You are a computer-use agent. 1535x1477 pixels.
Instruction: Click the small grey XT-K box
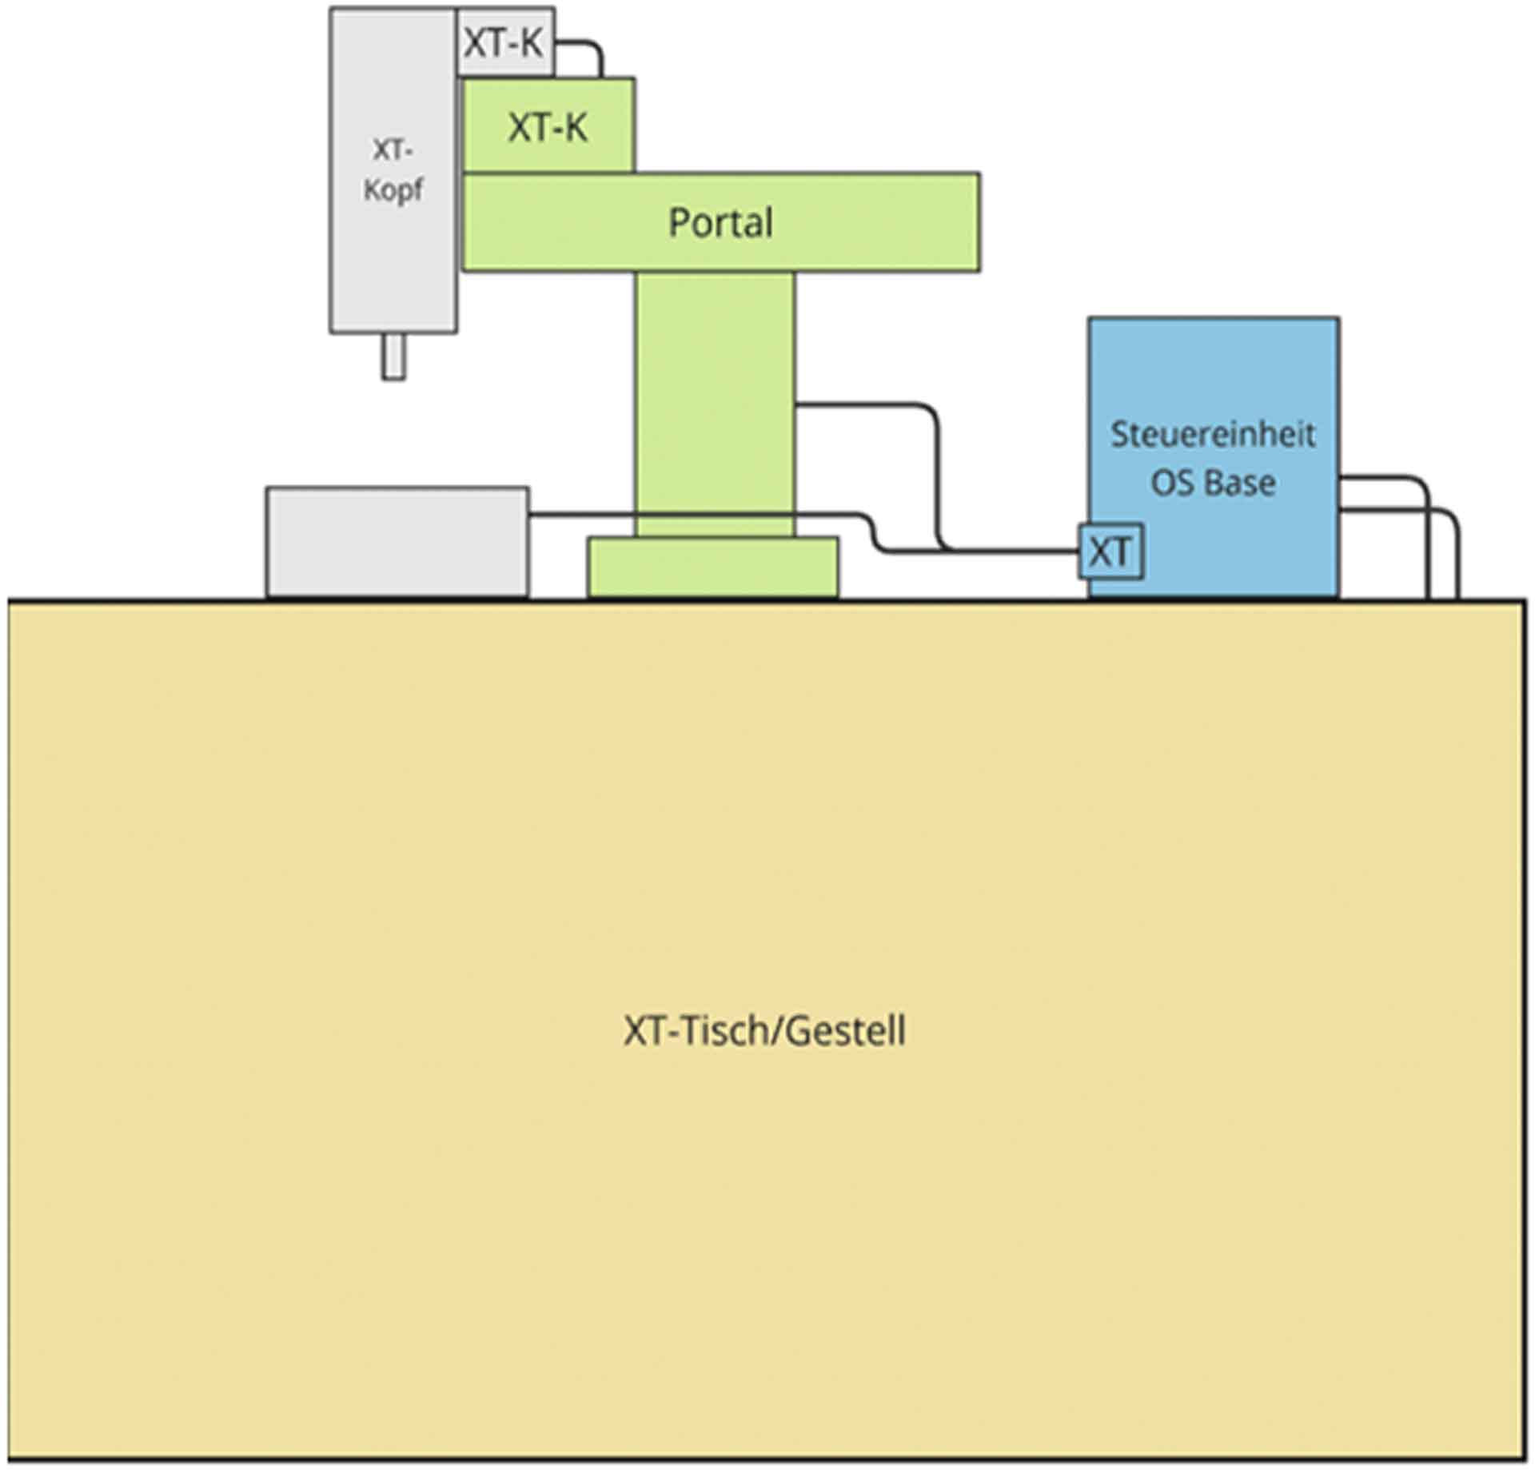click(x=504, y=42)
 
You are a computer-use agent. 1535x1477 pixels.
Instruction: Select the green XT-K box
click(x=548, y=125)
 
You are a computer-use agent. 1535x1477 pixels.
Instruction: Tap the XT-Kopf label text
click(x=393, y=169)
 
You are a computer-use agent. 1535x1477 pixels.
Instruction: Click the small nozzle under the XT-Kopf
click(x=393, y=356)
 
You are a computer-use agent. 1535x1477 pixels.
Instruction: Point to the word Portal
click(x=720, y=222)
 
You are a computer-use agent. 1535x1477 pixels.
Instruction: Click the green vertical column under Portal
click(x=715, y=400)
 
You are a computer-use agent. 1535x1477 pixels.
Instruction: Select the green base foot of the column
click(x=713, y=567)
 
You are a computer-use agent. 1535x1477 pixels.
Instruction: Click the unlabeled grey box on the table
click(x=397, y=542)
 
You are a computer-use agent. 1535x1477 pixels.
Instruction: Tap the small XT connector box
click(x=1110, y=551)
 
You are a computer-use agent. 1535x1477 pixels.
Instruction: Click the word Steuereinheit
click(x=1212, y=435)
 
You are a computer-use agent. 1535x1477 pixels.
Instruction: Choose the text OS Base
click(x=1212, y=483)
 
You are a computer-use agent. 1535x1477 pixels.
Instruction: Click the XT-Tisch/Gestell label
click(x=764, y=1031)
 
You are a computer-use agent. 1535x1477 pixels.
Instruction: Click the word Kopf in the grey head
click(x=393, y=190)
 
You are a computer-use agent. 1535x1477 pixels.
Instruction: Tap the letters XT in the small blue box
click(x=1110, y=551)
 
